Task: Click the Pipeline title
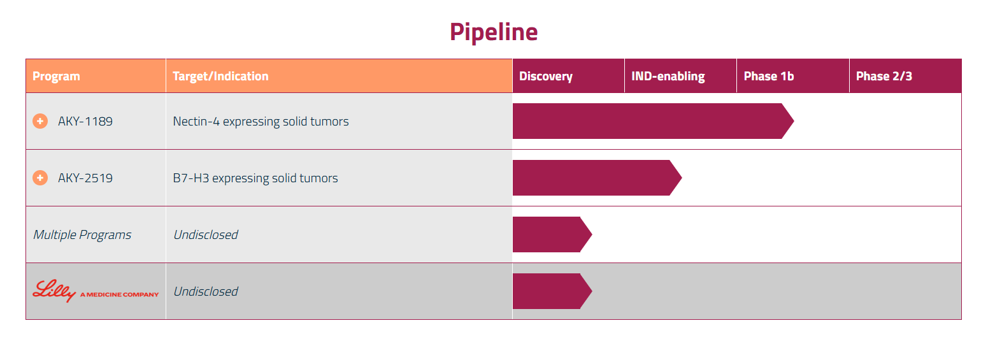point(494,32)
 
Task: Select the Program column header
point(57,76)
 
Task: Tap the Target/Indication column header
point(221,76)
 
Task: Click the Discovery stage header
point(546,76)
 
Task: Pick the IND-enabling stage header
point(668,76)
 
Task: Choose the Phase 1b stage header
point(769,76)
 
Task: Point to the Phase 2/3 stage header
point(884,76)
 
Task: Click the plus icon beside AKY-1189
point(40,121)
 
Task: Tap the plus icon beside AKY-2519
point(40,178)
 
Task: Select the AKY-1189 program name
point(85,121)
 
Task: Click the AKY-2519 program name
point(85,178)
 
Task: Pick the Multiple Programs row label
point(82,234)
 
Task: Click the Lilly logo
point(96,291)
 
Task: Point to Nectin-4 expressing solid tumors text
point(261,121)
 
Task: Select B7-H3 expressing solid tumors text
point(255,178)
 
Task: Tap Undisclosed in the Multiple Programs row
point(206,234)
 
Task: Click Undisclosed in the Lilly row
point(206,292)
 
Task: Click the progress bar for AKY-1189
point(654,121)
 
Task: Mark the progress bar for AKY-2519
point(598,178)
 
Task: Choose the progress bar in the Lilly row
point(552,291)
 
